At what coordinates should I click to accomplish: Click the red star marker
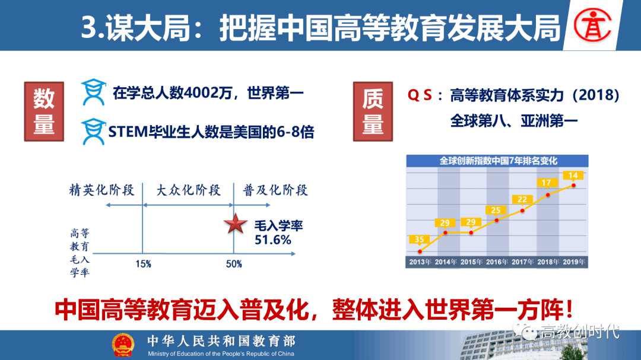click(x=236, y=224)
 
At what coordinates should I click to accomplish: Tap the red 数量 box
click(x=44, y=111)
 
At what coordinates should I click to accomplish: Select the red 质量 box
click(x=373, y=111)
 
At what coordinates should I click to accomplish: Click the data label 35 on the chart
click(x=419, y=240)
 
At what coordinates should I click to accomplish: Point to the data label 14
click(x=573, y=176)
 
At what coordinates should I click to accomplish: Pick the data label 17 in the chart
click(x=547, y=183)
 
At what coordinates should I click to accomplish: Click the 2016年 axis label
click(x=497, y=262)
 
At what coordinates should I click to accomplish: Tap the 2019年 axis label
click(x=573, y=262)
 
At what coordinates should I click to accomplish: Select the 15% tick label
click(x=144, y=265)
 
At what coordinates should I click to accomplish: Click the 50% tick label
click(x=234, y=265)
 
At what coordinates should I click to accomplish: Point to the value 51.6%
click(x=272, y=240)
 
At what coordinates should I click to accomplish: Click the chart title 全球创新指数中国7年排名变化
click(x=498, y=161)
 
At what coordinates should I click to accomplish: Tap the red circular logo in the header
click(x=592, y=26)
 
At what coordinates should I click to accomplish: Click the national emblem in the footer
click(x=123, y=345)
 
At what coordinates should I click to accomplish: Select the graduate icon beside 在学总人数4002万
click(x=94, y=92)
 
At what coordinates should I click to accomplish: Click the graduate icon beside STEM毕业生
click(x=94, y=132)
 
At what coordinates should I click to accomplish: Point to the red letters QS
click(x=420, y=95)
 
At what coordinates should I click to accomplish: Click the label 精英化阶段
click(x=102, y=190)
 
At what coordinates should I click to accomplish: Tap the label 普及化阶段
click(x=275, y=190)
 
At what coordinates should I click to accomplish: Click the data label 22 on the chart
click(x=522, y=199)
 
